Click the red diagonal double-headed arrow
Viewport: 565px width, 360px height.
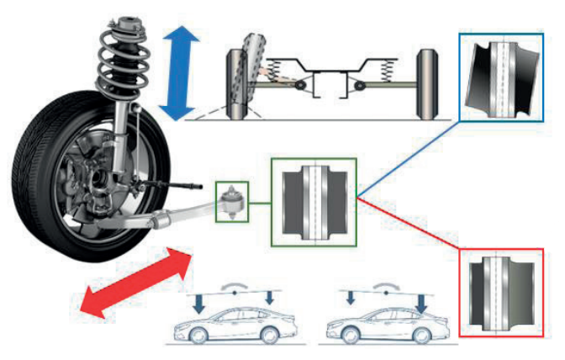[x=135, y=283]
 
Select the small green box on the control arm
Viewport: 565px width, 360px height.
[x=230, y=202]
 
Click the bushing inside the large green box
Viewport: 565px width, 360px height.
[x=314, y=201]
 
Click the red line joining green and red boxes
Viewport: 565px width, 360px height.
[x=409, y=223]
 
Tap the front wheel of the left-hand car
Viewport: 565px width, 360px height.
[x=195, y=335]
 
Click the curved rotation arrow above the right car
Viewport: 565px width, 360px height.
[x=386, y=286]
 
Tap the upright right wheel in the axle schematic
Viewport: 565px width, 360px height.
[x=427, y=83]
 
